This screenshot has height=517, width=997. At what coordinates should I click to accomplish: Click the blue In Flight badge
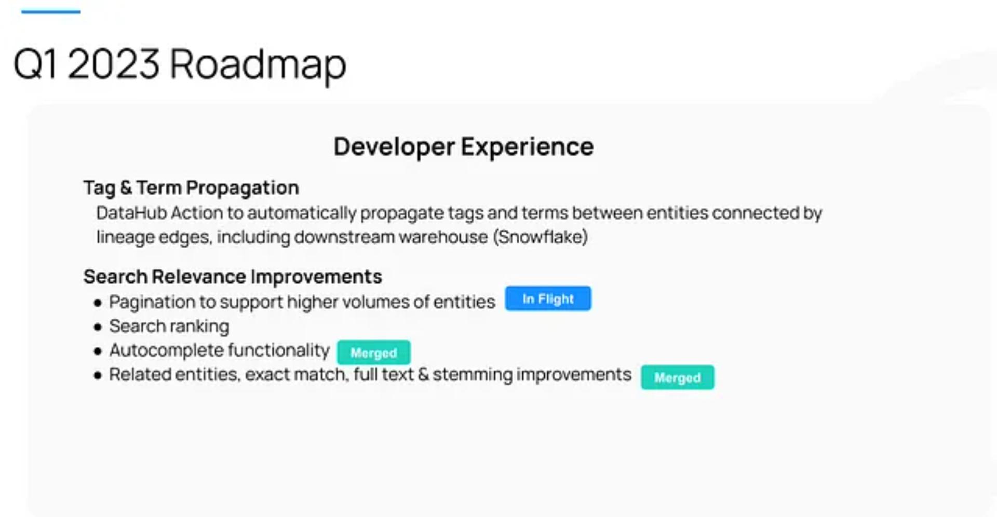[x=548, y=298]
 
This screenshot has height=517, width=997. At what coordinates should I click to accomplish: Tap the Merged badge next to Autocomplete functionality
[x=374, y=352]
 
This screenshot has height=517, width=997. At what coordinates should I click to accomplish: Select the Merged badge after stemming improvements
[x=678, y=377]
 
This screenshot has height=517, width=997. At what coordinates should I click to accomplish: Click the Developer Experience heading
[x=463, y=146]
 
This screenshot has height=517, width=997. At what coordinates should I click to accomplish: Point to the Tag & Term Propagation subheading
[x=191, y=188]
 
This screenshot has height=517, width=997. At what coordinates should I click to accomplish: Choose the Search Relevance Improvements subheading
[x=233, y=277]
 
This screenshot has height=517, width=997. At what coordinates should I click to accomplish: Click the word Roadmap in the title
[x=258, y=65]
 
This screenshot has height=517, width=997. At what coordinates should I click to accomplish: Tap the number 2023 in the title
[x=113, y=64]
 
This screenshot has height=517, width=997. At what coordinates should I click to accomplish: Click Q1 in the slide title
[x=35, y=64]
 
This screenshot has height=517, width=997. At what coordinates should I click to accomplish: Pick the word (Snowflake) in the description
[x=541, y=237]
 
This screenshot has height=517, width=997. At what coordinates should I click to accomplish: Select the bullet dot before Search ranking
[x=98, y=327]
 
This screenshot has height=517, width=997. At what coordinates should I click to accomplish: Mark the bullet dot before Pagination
[x=98, y=303]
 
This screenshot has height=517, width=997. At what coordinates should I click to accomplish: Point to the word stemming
[x=472, y=375]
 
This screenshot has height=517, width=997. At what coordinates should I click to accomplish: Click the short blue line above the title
[x=51, y=11]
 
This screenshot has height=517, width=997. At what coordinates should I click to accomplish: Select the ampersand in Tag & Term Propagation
[x=126, y=188]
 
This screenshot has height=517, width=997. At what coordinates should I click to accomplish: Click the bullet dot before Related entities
[x=98, y=375]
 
